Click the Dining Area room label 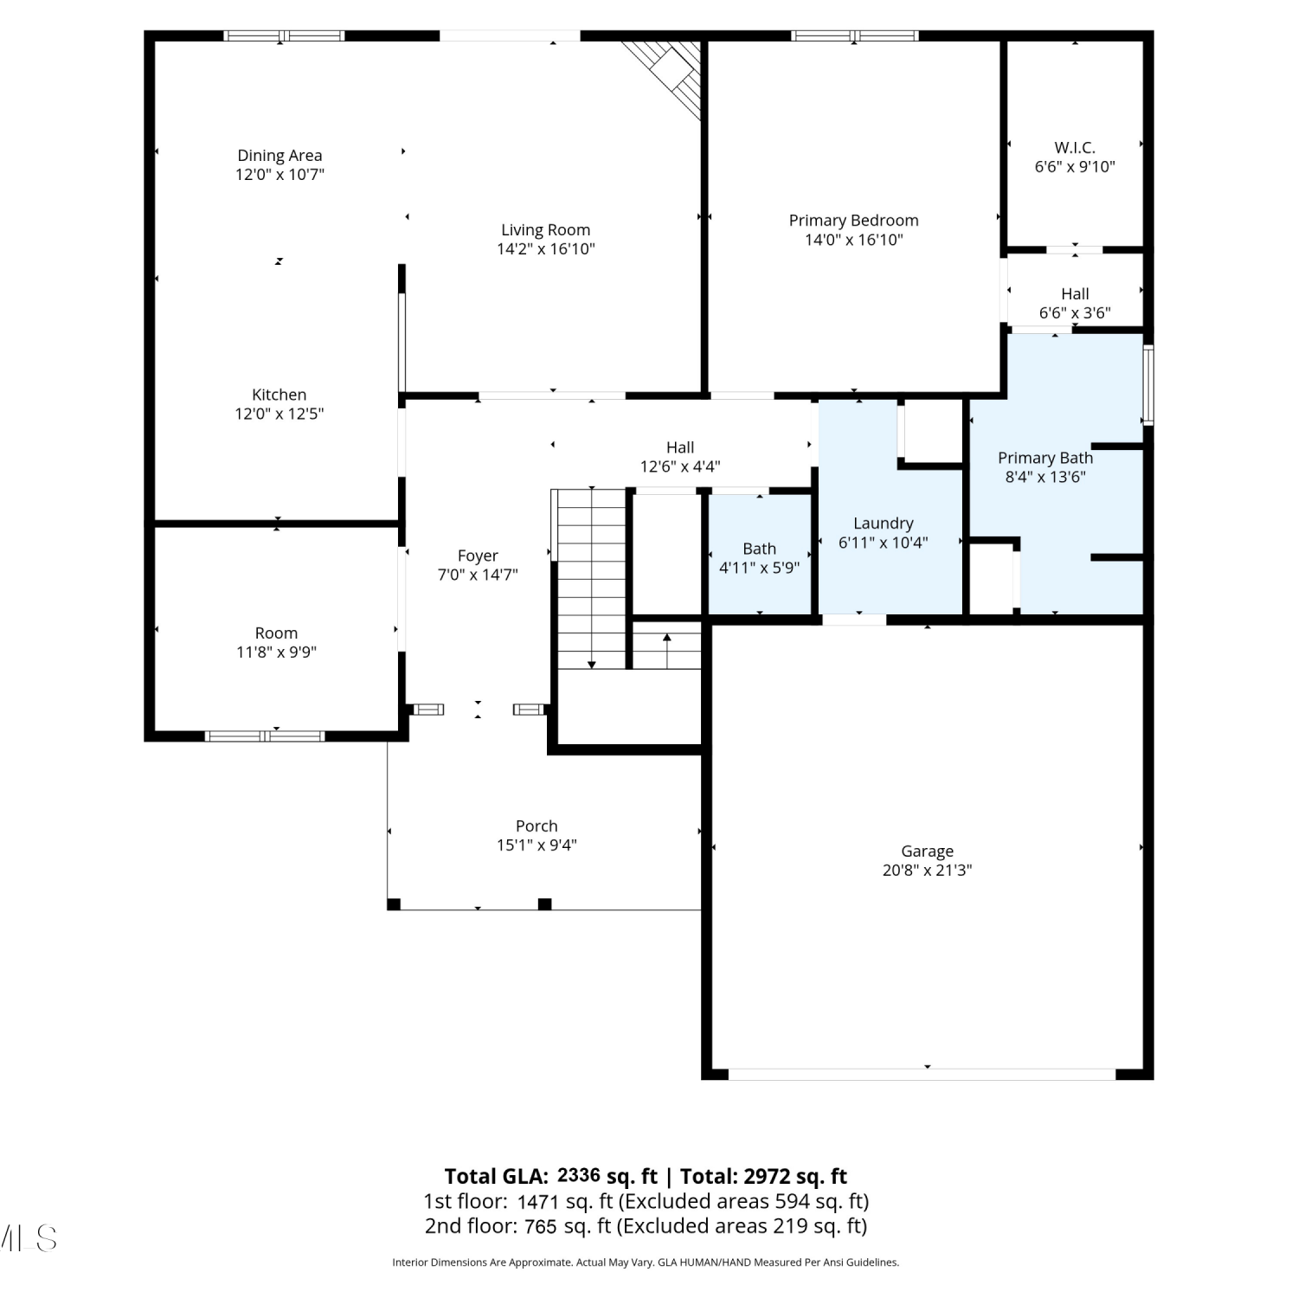tap(280, 156)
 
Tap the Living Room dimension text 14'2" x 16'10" tap(546, 249)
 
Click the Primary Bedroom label tap(853, 221)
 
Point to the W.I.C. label tap(1075, 148)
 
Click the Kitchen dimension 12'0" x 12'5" tap(280, 414)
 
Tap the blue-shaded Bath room tap(760, 554)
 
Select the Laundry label tap(883, 524)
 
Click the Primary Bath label tap(1045, 458)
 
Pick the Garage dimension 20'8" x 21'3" tap(927, 871)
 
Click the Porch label tap(537, 826)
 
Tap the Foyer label tap(478, 556)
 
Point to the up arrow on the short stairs tap(667, 651)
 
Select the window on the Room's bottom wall tap(265, 736)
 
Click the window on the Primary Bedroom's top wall tap(854, 35)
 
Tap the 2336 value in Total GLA tap(579, 1174)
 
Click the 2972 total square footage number tap(766, 1176)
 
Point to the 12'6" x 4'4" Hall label tap(680, 457)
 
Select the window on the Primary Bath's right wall tap(1148, 385)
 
